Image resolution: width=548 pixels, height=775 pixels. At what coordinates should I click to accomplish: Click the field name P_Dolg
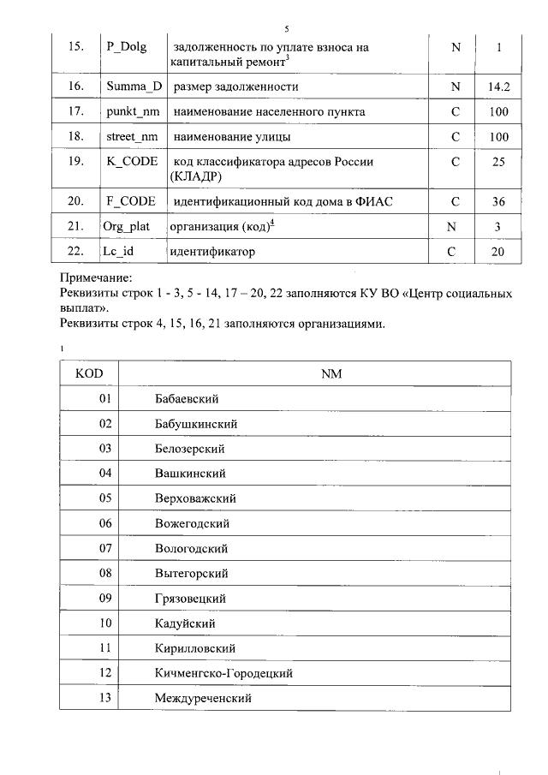pyautogui.click(x=127, y=47)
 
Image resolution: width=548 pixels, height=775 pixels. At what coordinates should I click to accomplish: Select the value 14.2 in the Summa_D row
pyautogui.click(x=498, y=87)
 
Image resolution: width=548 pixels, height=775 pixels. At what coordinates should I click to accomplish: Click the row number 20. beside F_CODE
pyautogui.click(x=75, y=201)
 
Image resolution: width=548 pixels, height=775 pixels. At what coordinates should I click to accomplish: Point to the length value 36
pyautogui.click(x=498, y=202)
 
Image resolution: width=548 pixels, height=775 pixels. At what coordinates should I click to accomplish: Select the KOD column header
pyautogui.click(x=89, y=374)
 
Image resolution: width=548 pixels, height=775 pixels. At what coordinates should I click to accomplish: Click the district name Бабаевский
pyautogui.click(x=187, y=399)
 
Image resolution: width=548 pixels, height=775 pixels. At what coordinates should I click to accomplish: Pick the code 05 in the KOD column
pyautogui.click(x=105, y=498)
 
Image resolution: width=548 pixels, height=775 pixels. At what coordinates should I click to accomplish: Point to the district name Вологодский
pyautogui.click(x=190, y=548)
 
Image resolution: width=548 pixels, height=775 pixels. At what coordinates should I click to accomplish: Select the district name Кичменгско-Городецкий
pyautogui.click(x=223, y=673)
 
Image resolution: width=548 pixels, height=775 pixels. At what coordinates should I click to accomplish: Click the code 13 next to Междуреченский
pyautogui.click(x=105, y=698)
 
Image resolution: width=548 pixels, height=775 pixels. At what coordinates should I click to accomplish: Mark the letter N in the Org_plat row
pyautogui.click(x=456, y=226)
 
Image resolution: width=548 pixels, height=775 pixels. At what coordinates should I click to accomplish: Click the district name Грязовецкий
pyautogui.click(x=191, y=598)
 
